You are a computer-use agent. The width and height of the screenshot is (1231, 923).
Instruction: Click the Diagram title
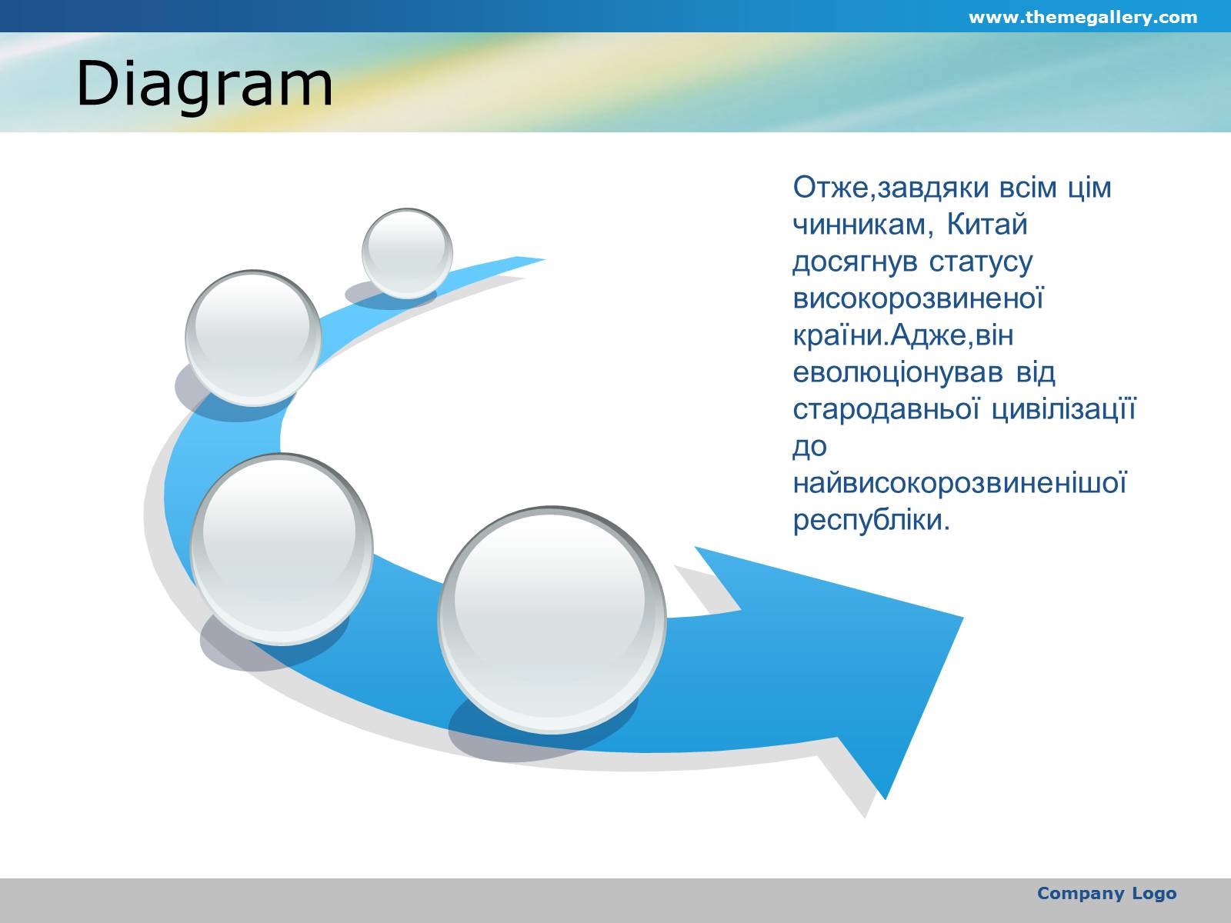coord(205,84)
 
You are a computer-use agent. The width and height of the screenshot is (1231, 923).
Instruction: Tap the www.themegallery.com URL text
coord(1083,18)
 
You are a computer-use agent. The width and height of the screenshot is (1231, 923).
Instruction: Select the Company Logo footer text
coord(1106,893)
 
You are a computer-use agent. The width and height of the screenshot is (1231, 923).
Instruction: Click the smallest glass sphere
coord(407,253)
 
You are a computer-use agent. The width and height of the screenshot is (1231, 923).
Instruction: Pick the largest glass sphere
coord(552,620)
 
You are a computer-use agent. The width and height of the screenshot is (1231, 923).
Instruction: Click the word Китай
coord(987,224)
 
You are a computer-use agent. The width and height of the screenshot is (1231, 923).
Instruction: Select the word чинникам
coord(862,225)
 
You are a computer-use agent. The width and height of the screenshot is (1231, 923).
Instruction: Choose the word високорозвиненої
coord(918,298)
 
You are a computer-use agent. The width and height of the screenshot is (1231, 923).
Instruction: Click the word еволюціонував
coord(898,373)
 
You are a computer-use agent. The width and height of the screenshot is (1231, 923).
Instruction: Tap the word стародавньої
coord(886,409)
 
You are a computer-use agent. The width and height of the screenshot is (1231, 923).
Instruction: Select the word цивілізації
coord(1064,409)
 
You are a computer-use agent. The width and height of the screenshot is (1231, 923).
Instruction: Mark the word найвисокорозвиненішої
coord(960,483)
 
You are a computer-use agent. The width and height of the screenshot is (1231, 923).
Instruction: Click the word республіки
coord(872,520)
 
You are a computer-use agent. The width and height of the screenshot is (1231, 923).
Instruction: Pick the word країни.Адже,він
coord(903,335)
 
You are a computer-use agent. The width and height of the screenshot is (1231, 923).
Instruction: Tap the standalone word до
coord(810,447)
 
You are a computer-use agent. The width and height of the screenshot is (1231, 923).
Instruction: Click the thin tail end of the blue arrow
coord(543,259)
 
